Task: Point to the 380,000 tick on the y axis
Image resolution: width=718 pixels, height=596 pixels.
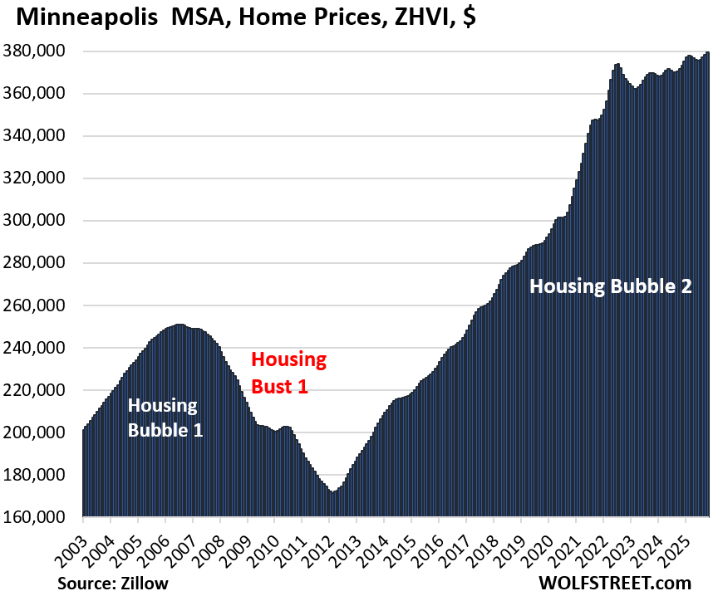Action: (x=41, y=51)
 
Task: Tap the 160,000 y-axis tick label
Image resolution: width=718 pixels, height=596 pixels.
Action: (x=41, y=517)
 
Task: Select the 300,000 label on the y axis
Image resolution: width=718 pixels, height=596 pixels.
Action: (x=41, y=221)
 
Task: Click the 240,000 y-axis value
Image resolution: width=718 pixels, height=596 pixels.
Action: (x=41, y=348)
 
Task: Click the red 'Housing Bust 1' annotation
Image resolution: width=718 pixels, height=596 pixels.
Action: (x=288, y=372)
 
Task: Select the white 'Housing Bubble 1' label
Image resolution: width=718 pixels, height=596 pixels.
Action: (x=163, y=418)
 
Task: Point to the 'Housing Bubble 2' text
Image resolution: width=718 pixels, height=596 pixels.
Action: (x=611, y=286)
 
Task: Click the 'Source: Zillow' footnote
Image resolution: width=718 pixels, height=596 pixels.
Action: (x=113, y=584)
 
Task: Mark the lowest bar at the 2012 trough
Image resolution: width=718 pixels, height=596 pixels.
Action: (x=333, y=492)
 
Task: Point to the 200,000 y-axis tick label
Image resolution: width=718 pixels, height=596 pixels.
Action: (x=41, y=432)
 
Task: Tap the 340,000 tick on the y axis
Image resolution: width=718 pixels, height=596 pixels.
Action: (x=41, y=136)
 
